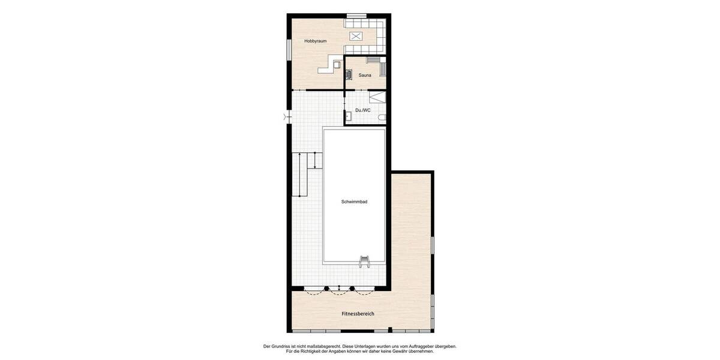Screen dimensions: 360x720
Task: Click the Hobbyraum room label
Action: (x=315, y=41)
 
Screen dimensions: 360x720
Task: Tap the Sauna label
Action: (x=365, y=75)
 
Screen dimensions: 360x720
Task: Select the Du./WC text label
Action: (x=363, y=110)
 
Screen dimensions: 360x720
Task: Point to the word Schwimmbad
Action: (x=354, y=202)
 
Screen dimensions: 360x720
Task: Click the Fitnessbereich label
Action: (x=358, y=314)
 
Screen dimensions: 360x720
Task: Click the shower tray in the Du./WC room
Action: (x=377, y=98)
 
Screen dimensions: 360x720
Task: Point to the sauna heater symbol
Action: (x=349, y=74)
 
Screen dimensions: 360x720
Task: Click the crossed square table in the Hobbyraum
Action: (x=356, y=36)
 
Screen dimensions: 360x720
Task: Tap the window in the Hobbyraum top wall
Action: (x=356, y=15)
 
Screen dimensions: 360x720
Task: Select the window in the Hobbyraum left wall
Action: (x=289, y=49)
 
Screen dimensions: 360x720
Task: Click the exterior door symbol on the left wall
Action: (x=285, y=117)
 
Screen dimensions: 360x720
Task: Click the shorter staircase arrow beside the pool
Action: (x=314, y=160)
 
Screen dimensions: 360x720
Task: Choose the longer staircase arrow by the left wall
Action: (x=299, y=174)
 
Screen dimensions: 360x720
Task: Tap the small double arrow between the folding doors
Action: (x=340, y=289)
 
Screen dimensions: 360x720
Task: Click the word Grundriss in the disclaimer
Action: (x=279, y=346)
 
